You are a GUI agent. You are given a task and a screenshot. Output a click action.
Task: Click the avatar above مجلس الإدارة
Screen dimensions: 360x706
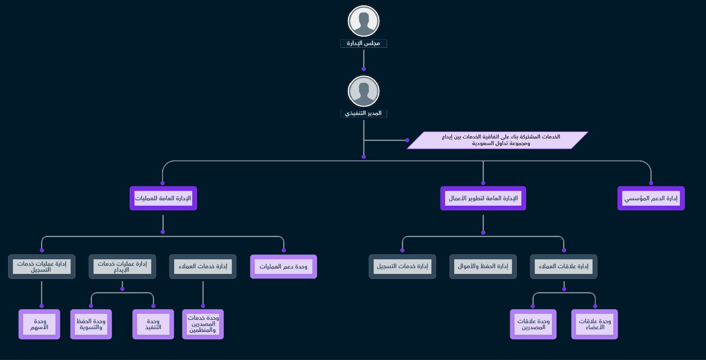click(363, 21)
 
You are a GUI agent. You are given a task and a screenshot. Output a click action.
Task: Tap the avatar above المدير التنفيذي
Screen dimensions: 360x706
click(363, 91)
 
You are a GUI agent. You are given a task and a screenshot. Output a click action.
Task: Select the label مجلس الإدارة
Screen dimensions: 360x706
click(363, 43)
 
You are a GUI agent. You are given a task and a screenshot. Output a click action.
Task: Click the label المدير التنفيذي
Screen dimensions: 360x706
click(363, 113)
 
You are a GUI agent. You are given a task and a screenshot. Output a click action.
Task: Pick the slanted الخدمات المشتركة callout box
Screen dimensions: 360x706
click(498, 140)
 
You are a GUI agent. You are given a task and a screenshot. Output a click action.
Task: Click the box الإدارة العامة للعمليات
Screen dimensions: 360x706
click(163, 199)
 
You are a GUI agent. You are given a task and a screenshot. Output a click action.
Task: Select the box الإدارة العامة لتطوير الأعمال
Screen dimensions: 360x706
click(483, 199)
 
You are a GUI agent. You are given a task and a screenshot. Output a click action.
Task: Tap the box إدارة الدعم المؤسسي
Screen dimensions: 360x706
click(651, 199)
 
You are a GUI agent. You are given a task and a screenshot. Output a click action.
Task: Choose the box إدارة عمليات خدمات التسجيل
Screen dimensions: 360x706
click(42, 267)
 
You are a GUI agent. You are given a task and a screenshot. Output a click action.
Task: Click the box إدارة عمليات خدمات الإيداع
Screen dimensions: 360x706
click(122, 267)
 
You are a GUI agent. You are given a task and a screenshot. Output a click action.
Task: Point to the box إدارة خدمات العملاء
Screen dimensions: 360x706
click(203, 267)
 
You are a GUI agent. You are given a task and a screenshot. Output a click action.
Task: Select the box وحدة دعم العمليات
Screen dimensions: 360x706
click(283, 267)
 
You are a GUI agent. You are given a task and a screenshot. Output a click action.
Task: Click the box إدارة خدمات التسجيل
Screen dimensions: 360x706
click(402, 267)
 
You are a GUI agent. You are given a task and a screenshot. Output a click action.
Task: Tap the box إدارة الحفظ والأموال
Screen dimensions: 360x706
click(483, 267)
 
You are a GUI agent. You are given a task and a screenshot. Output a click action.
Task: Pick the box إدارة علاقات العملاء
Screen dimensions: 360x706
click(564, 267)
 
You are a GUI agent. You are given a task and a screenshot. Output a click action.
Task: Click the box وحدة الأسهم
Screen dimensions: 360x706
click(39, 324)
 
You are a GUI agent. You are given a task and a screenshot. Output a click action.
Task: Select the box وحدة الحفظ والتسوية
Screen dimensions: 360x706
click(91, 324)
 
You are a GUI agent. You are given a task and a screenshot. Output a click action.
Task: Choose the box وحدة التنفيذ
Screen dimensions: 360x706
click(153, 324)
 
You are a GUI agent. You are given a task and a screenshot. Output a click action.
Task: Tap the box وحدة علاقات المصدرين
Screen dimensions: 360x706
click(533, 324)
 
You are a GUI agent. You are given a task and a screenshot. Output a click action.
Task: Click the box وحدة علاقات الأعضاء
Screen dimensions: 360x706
click(595, 324)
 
